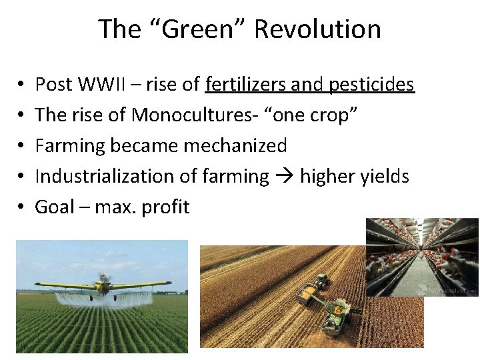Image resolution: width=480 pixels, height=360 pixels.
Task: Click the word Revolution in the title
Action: (x=317, y=29)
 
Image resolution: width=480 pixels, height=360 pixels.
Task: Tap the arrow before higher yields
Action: (x=284, y=176)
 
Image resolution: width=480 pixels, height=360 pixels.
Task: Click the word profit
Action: (x=165, y=207)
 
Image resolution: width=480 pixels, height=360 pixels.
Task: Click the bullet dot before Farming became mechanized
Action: (x=20, y=145)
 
